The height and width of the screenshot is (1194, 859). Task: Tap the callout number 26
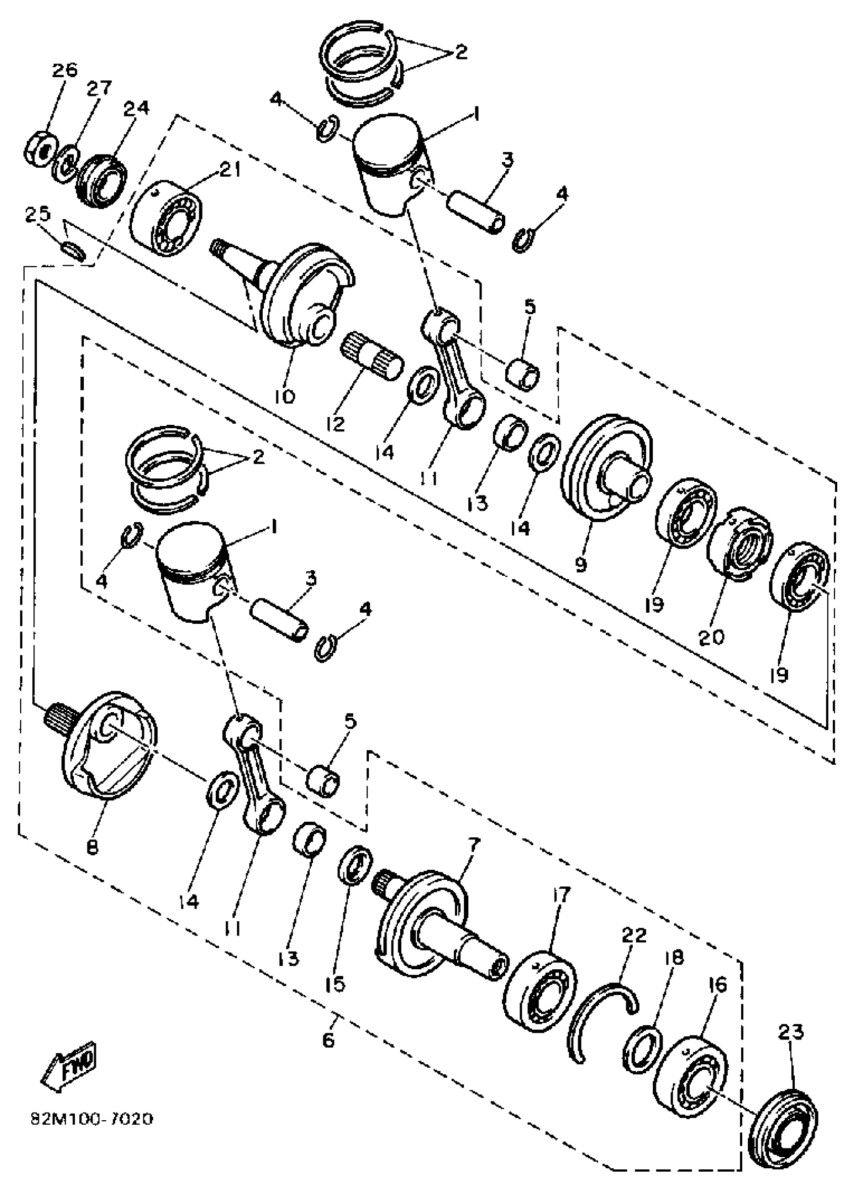(x=64, y=70)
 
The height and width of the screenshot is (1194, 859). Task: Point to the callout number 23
(x=791, y=1032)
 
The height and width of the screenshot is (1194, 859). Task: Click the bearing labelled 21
(x=166, y=217)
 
